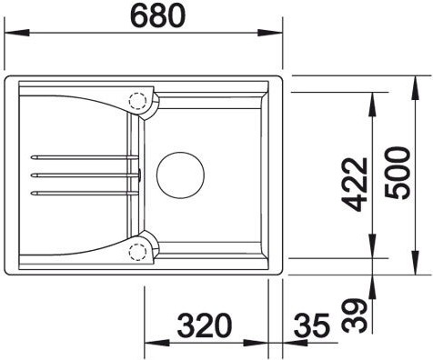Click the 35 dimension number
309,325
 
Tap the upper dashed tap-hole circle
139,101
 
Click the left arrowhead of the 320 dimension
152,344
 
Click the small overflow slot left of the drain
140,172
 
